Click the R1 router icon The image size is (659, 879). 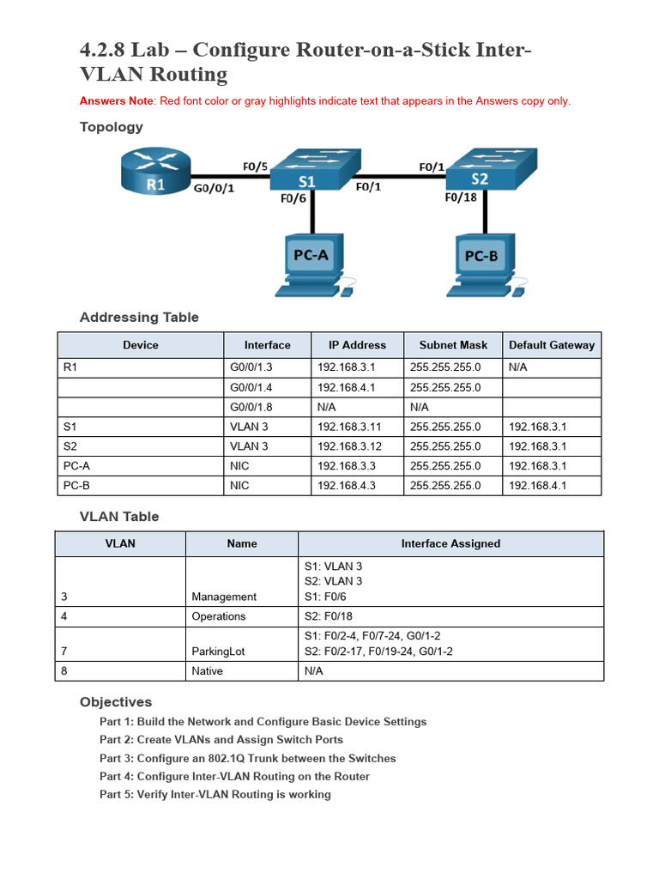click(x=154, y=171)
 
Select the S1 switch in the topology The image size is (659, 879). click(x=313, y=172)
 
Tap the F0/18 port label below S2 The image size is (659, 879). click(x=461, y=197)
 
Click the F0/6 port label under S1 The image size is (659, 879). click(x=293, y=199)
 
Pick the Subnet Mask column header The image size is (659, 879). click(x=453, y=345)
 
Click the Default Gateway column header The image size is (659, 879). click(x=551, y=345)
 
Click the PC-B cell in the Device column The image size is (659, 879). click(x=76, y=486)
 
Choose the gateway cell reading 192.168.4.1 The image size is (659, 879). click(x=538, y=486)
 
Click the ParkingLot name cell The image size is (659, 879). click(x=218, y=652)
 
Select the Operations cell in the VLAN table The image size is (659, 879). click(x=219, y=616)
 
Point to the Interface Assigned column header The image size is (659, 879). click(x=450, y=543)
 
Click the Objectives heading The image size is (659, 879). click(x=116, y=702)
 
